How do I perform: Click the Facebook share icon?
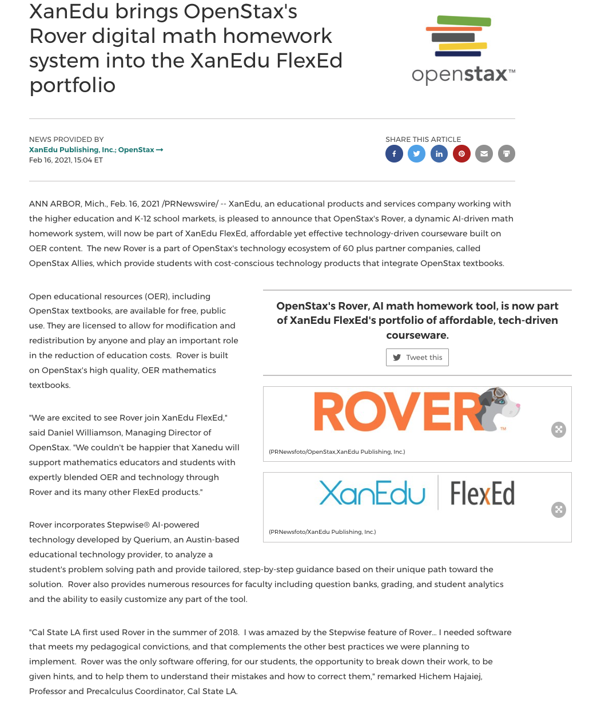pyautogui.click(x=394, y=154)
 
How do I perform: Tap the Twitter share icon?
pyautogui.click(x=416, y=154)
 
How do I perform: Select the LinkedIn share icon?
pyautogui.click(x=439, y=154)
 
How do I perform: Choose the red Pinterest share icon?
pyautogui.click(x=461, y=154)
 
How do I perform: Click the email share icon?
pyautogui.click(x=484, y=154)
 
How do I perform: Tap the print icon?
pyautogui.click(x=506, y=154)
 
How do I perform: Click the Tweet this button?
pyautogui.click(x=417, y=358)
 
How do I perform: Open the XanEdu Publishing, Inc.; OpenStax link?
pyautogui.click(x=95, y=150)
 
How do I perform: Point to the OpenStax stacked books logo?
pyautogui.click(x=459, y=36)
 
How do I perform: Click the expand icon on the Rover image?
pyautogui.click(x=559, y=430)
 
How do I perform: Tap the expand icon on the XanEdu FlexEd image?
pyautogui.click(x=559, y=510)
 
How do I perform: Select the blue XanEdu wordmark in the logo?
pyautogui.click(x=372, y=493)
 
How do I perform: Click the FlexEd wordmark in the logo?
pyautogui.click(x=482, y=493)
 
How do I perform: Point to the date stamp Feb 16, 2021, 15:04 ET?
pyautogui.click(x=66, y=160)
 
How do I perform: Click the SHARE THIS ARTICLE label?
pyautogui.click(x=423, y=140)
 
